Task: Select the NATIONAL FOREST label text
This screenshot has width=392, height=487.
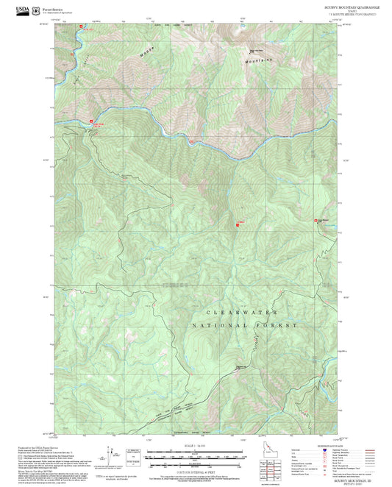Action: pyautogui.click(x=244, y=324)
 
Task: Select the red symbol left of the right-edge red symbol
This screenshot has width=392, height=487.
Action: pyautogui.click(x=239, y=224)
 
